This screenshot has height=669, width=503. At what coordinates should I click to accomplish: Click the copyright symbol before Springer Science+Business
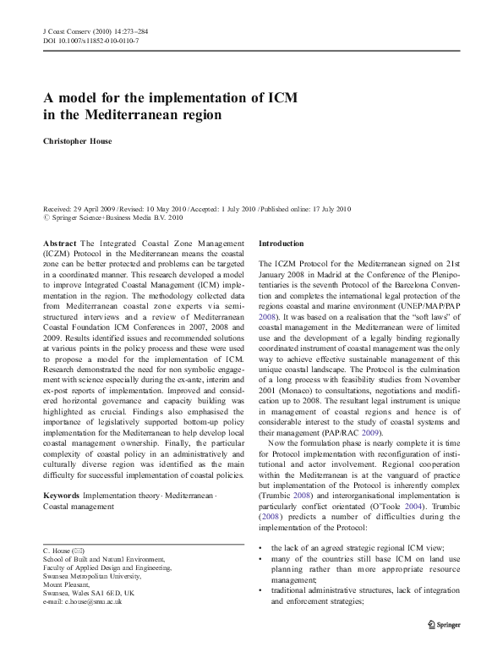(46, 218)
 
